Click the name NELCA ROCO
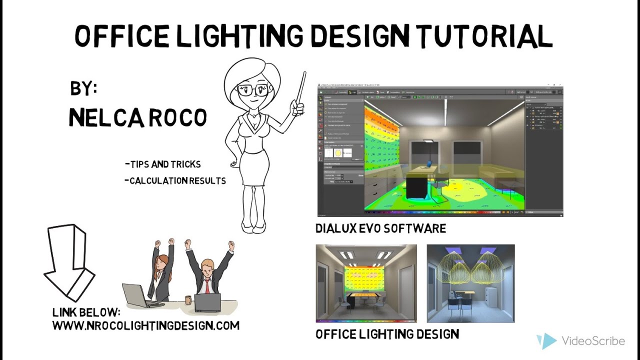(x=137, y=118)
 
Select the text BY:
(x=83, y=89)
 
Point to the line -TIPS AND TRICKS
(x=163, y=164)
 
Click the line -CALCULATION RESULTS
(x=175, y=180)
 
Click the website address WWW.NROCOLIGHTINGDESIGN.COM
(x=145, y=326)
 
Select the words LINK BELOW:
(x=86, y=312)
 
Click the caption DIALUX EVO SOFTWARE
(x=380, y=229)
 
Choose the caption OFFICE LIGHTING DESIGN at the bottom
(x=387, y=334)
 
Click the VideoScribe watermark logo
(x=546, y=341)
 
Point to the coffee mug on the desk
(x=187, y=300)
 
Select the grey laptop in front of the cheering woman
(x=138, y=296)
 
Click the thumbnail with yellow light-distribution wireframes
(x=470, y=283)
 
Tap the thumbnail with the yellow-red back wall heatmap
(x=366, y=283)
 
